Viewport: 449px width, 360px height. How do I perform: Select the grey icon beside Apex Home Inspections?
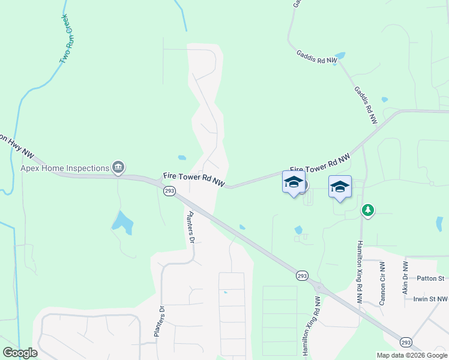[118, 168]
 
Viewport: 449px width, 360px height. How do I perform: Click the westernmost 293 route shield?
[169, 190]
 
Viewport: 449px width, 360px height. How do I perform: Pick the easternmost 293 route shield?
[406, 341]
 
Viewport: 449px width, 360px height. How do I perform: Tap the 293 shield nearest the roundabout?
[302, 275]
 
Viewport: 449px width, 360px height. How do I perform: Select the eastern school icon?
[340, 187]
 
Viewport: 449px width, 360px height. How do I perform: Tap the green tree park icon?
[368, 210]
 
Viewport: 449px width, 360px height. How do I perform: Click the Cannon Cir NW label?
[382, 283]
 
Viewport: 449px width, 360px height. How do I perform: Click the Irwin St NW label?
[430, 299]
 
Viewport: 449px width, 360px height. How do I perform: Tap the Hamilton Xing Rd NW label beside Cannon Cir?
[360, 271]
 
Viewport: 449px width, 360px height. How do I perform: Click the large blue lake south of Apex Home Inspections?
[122, 222]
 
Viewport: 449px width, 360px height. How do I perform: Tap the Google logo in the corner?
[20, 353]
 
